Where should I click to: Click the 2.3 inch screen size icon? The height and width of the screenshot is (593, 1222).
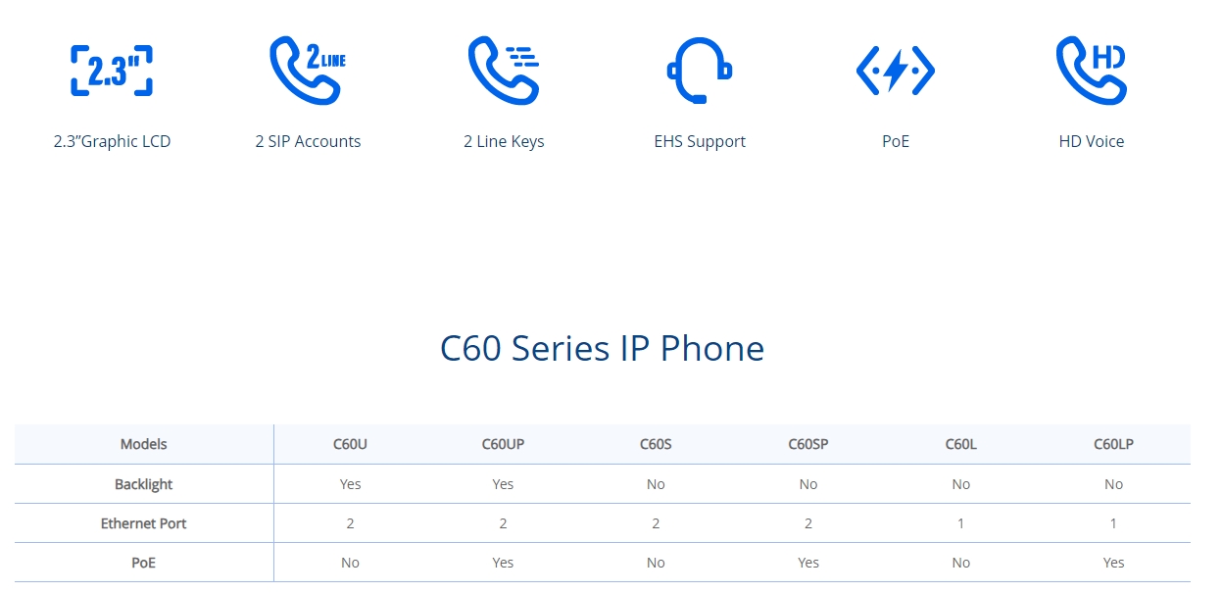[112, 71]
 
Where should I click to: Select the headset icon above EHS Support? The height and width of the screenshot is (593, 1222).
[700, 70]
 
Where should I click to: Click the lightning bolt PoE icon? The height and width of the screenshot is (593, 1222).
[896, 71]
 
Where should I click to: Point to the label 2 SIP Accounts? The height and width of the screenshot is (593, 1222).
[308, 141]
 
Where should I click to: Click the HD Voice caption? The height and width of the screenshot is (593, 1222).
[1091, 141]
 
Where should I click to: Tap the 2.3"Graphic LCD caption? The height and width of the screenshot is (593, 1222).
[112, 141]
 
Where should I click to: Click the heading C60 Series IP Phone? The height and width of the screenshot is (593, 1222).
[602, 348]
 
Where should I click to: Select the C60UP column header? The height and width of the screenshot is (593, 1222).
[503, 444]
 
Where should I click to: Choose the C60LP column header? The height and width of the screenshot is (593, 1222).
[1113, 444]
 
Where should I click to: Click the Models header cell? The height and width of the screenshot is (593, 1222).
[143, 444]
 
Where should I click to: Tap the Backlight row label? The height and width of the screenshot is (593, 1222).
[143, 484]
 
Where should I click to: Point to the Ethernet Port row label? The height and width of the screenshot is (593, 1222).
[143, 523]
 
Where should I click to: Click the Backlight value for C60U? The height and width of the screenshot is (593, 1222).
[350, 484]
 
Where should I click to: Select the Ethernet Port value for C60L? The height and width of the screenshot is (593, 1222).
[960, 523]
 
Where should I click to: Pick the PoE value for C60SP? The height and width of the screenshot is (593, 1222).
[807, 563]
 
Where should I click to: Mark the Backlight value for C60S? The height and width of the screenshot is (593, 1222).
[656, 484]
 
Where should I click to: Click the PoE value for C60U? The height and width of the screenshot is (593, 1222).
[350, 563]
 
